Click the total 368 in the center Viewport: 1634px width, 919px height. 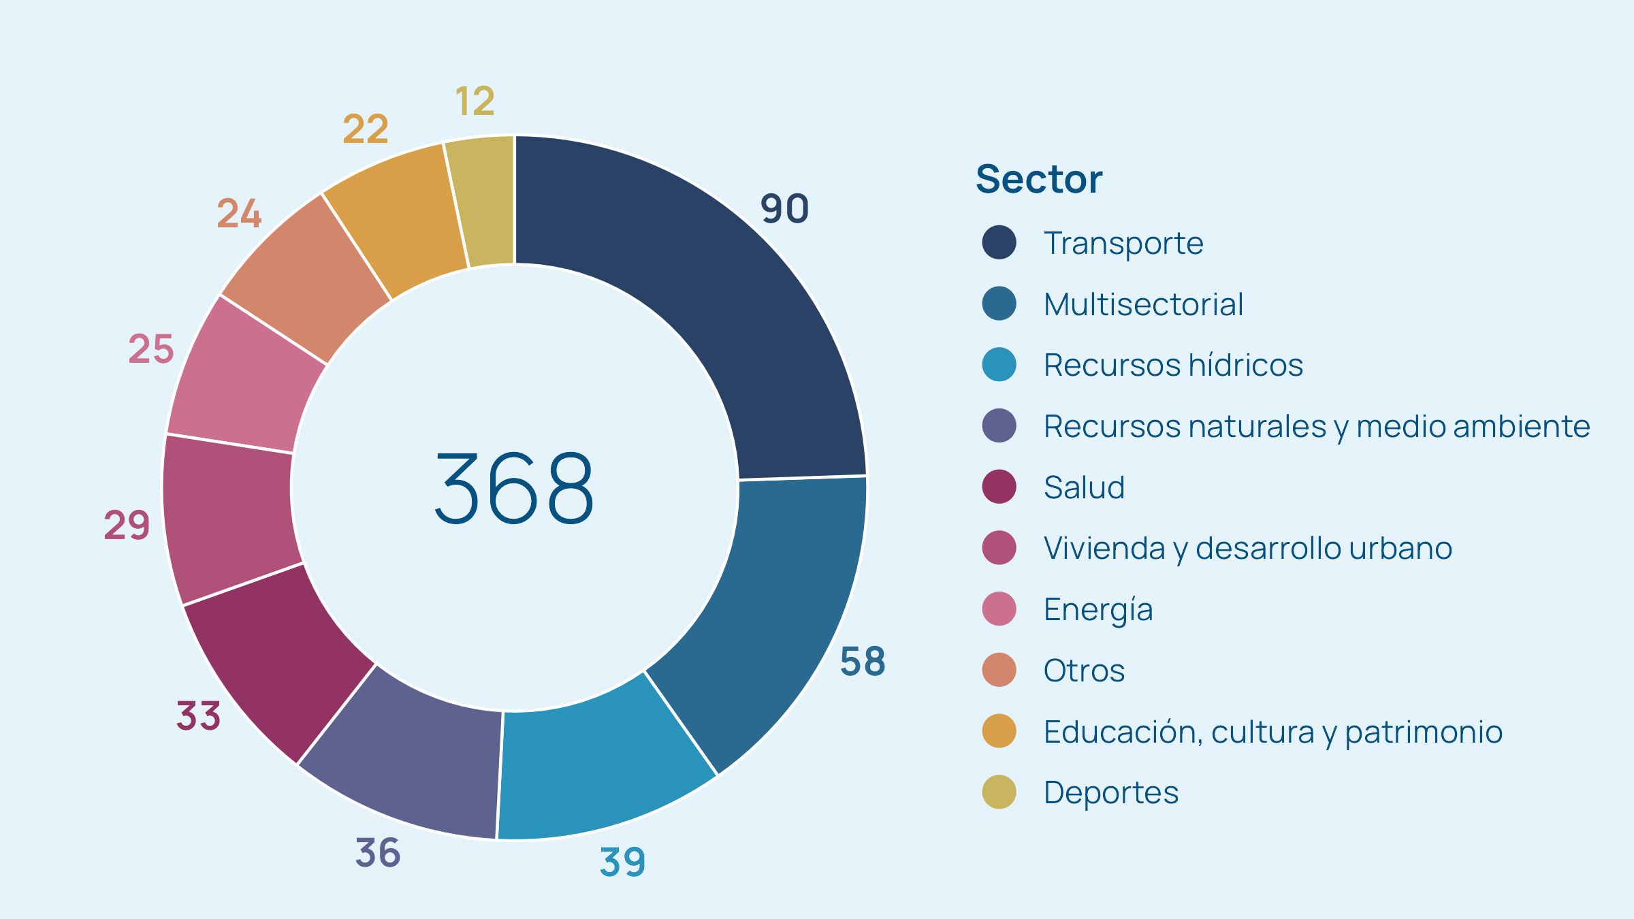[515, 488]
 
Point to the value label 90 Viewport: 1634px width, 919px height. [784, 208]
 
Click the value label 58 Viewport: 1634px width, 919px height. [863, 661]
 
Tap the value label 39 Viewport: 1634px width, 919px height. [622, 862]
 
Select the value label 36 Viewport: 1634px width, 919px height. [378, 852]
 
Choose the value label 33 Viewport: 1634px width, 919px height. [199, 716]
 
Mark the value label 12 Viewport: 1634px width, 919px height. [475, 101]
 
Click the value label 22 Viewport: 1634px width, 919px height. [366, 129]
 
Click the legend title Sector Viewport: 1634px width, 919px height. [1039, 179]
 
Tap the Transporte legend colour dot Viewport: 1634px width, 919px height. [999, 243]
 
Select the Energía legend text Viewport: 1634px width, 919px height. [1098, 609]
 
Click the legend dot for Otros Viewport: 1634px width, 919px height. [999, 670]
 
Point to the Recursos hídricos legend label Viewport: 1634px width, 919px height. [1173, 365]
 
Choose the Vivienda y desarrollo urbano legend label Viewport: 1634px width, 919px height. [1247, 548]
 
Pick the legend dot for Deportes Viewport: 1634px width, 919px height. [999, 792]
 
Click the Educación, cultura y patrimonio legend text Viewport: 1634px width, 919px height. [1272, 732]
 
